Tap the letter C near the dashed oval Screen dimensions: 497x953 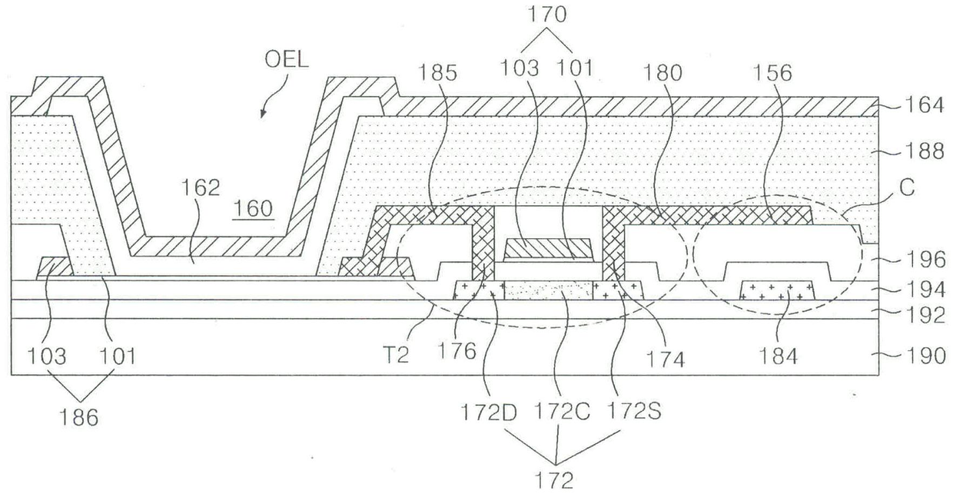907,189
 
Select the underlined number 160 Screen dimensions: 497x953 257,209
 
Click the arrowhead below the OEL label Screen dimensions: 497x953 263,114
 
